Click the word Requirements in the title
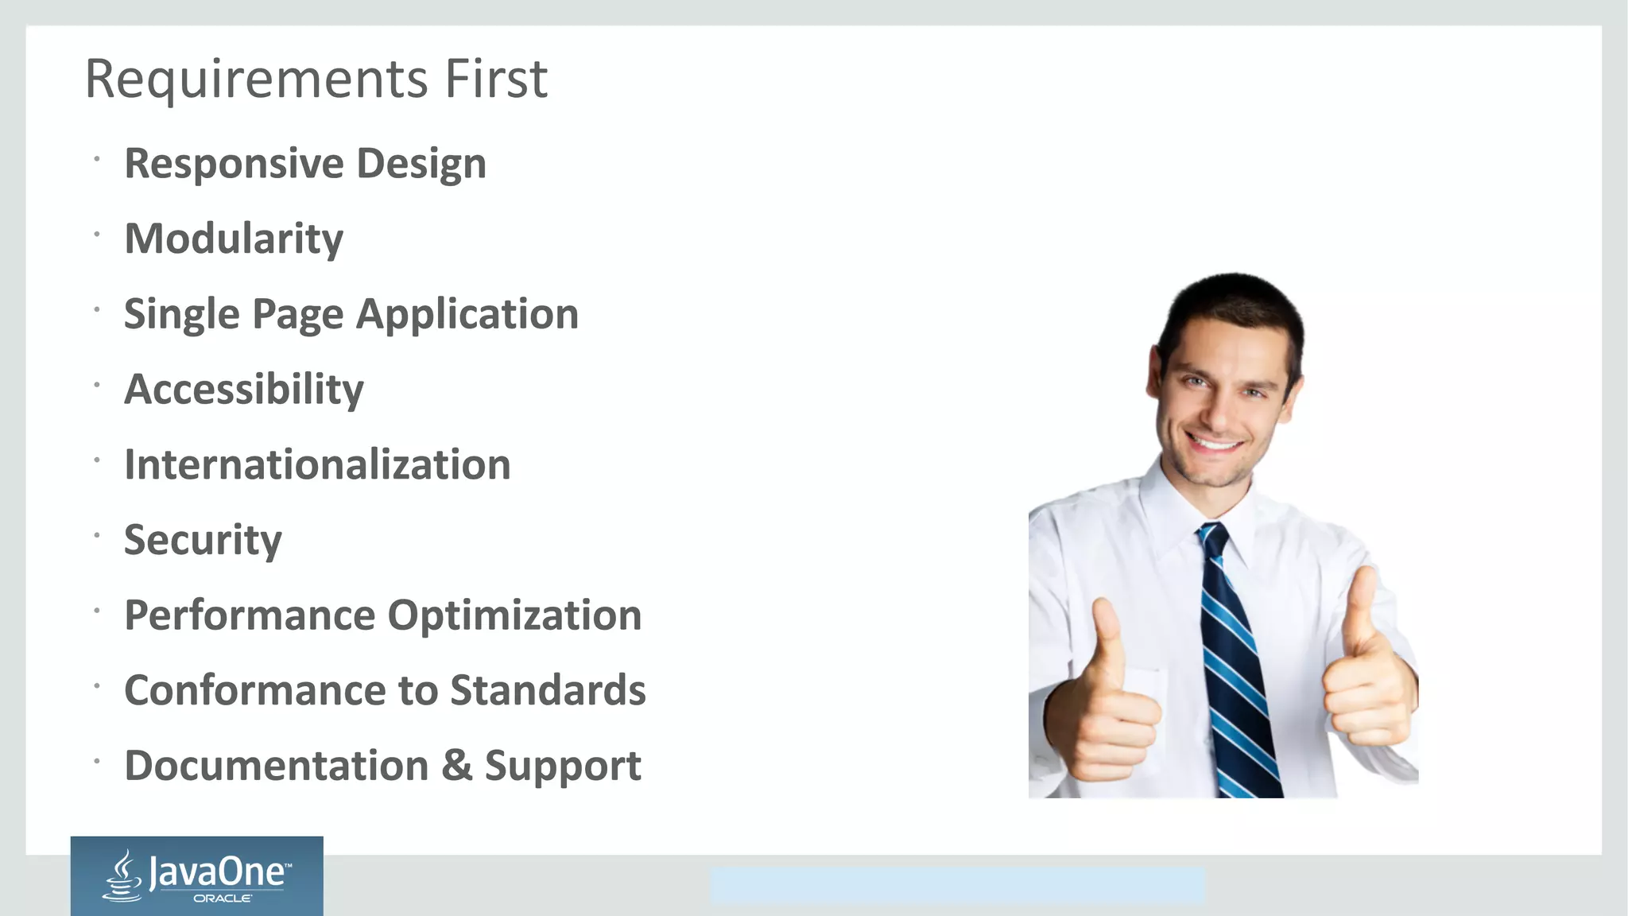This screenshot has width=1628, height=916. coord(256,80)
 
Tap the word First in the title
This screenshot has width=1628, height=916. coord(496,80)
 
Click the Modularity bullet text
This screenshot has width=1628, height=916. coord(234,239)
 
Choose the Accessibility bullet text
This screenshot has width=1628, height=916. coord(243,390)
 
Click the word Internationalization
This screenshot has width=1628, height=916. coord(317,465)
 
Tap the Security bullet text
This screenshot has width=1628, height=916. coord(203,541)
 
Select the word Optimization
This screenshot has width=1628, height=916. coord(514,615)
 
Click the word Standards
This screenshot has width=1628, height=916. coord(548,690)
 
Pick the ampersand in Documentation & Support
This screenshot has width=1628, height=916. coord(457,765)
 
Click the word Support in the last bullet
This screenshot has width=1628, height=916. coord(562,767)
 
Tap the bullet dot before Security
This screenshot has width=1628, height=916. coord(96,535)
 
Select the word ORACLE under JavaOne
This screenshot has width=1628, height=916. coord(223,899)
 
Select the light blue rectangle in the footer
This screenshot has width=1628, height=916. coord(957,886)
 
